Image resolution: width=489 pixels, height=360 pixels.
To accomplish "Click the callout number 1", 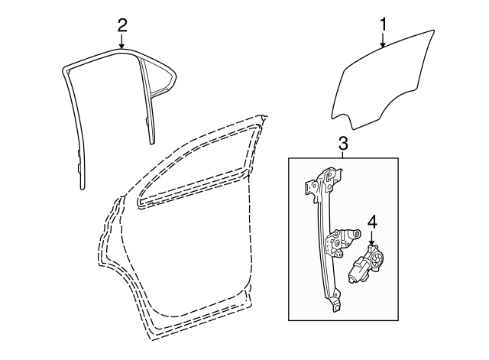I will point(383,24).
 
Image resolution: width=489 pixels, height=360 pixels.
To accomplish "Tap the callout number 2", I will point(121,24).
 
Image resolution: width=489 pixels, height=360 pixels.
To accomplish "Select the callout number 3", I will point(343,143).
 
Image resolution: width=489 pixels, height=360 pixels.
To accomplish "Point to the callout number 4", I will point(373,222).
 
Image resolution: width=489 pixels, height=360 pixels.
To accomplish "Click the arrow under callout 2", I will point(121,44).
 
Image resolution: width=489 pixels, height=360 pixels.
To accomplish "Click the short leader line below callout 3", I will point(343,154).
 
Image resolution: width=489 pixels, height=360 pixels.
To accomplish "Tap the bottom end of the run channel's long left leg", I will point(82,183).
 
